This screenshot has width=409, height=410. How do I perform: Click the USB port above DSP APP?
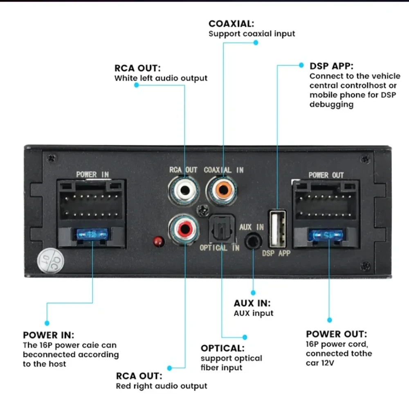(277, 228)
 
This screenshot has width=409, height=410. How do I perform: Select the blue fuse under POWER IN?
(91, 234)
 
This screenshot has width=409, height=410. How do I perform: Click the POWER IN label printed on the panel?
(92, 175)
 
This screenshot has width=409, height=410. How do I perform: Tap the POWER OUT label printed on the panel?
(326, 175)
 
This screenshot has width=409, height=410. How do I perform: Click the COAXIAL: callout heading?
(231, 24)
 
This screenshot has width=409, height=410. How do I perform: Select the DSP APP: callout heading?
(331, 66)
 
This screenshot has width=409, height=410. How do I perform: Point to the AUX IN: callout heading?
(252, 304)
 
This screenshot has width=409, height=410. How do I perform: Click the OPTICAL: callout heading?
(222, 348)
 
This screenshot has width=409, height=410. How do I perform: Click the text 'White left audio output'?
(161, 78)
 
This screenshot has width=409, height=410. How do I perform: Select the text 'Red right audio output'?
(162, 386)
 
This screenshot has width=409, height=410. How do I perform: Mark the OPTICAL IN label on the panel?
(219, 248)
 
